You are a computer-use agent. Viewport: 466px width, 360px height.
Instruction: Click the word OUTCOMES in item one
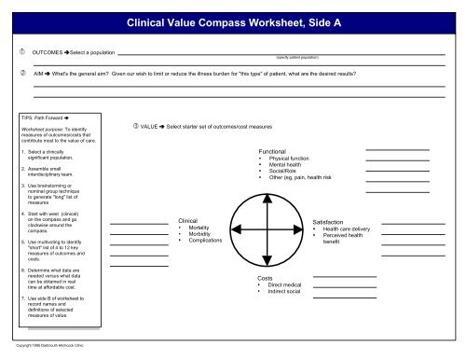(48, 54)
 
